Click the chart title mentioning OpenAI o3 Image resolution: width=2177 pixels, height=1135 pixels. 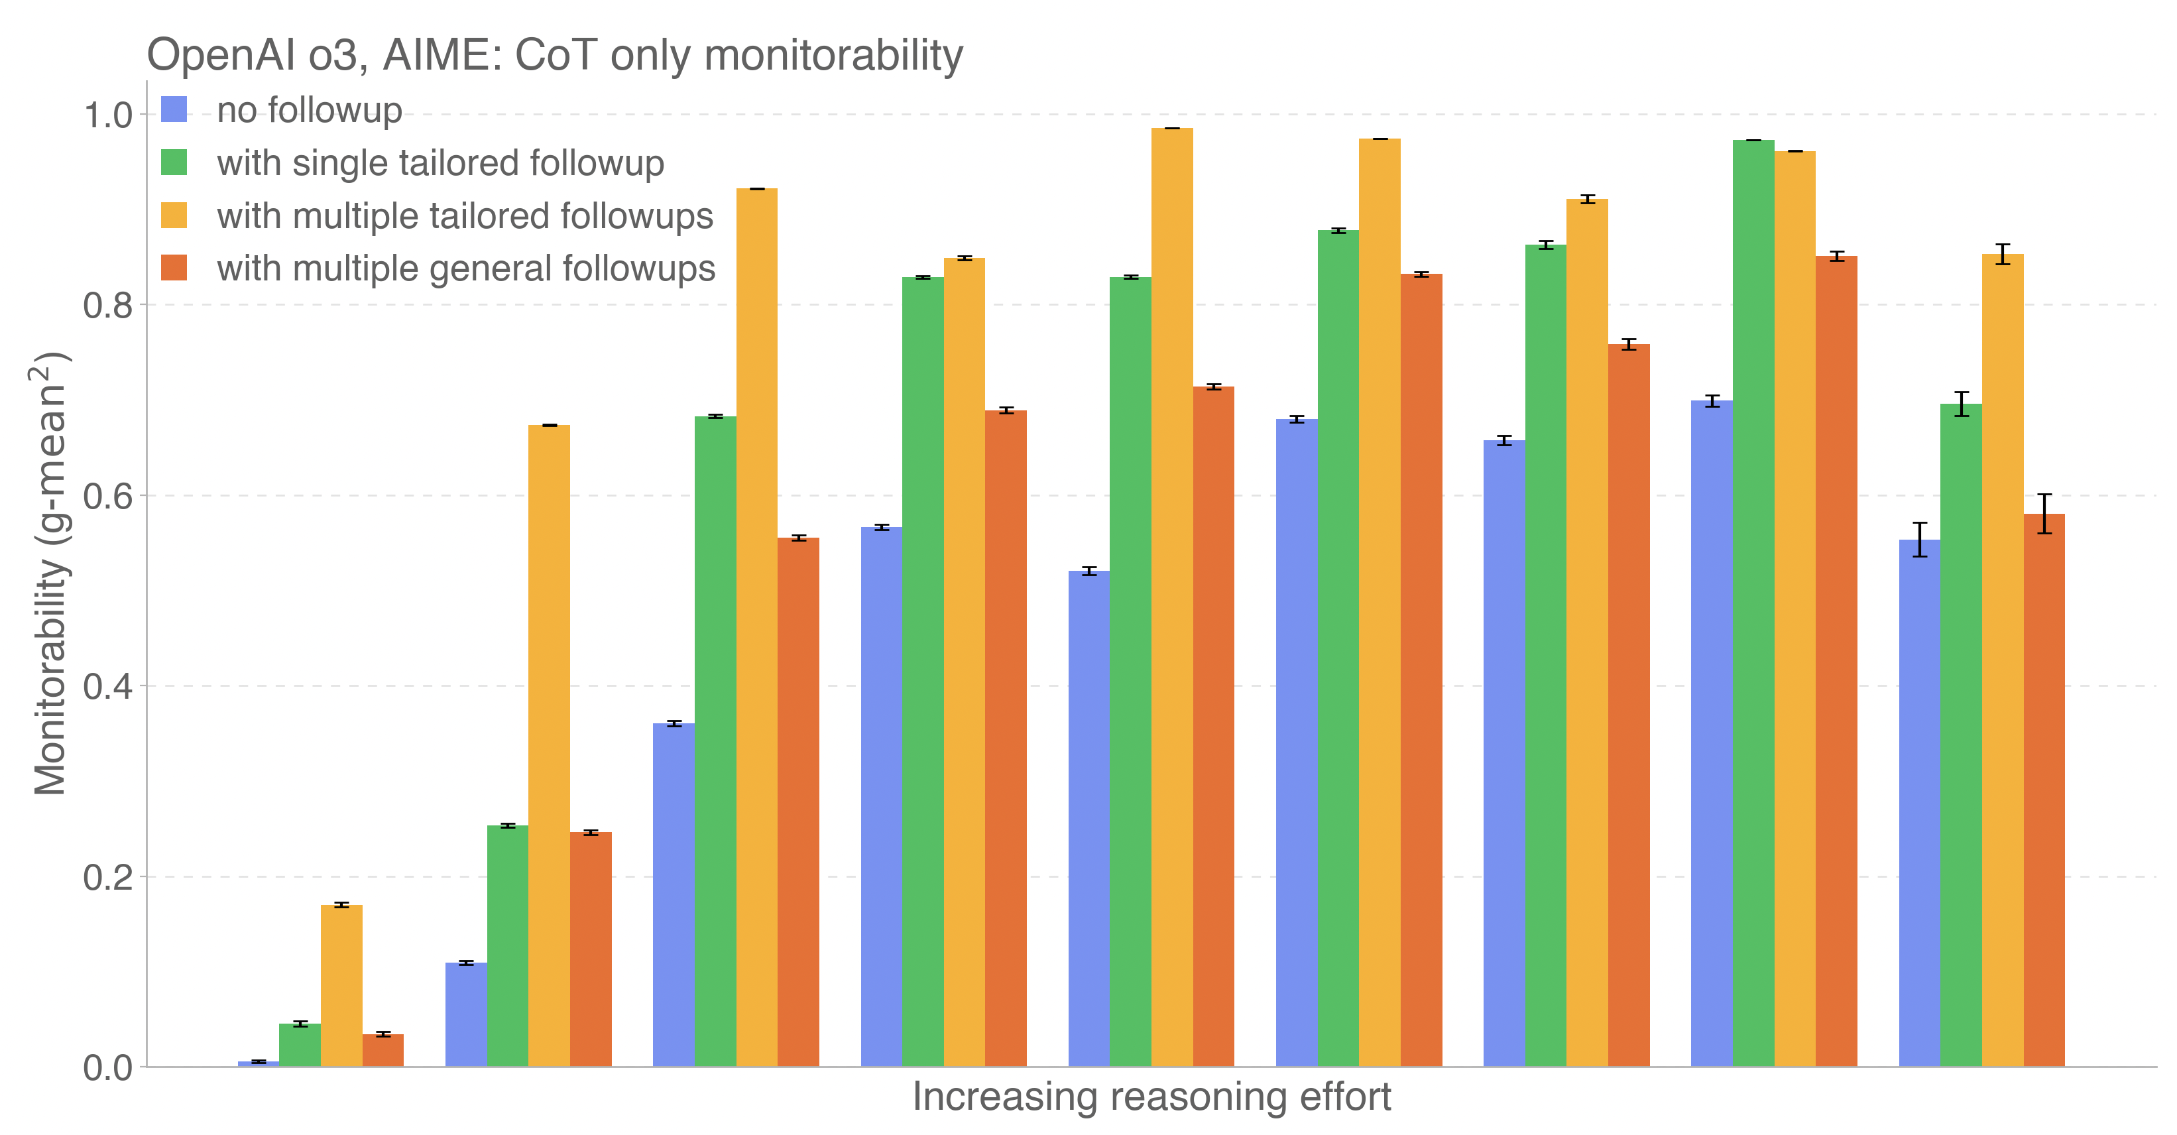[x=554, y=56]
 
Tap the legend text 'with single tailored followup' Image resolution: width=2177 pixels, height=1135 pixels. [x=440, y=163]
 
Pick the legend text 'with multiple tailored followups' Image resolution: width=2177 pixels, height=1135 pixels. [x=465, y=216]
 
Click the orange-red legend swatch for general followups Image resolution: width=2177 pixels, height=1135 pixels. [x=174, y=268]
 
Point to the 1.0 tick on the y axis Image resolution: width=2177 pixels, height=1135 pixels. [x=108, y=115]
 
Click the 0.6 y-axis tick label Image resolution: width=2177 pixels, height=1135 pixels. [x=108, y=496]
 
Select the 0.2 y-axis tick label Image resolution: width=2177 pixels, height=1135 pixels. [x=108, y=877]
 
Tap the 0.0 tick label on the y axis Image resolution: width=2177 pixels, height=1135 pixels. [x=108, y=1068]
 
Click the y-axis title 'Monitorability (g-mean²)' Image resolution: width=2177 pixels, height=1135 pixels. [x=50, y=575]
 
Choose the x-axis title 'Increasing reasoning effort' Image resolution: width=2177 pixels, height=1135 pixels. [x=1151, y=1097]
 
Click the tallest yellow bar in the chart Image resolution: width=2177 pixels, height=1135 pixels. [x=1172, y=591]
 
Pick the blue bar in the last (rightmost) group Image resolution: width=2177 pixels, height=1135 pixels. [x=1919, y=803]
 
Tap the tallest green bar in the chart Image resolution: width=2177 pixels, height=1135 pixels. [x=1753, y=600]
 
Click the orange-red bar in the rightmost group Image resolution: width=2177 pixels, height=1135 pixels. [x=2044, y=790]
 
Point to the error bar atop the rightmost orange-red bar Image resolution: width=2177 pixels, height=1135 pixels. [x=2044, y=513]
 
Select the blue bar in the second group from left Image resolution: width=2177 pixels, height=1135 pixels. [x=465, y=1014]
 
